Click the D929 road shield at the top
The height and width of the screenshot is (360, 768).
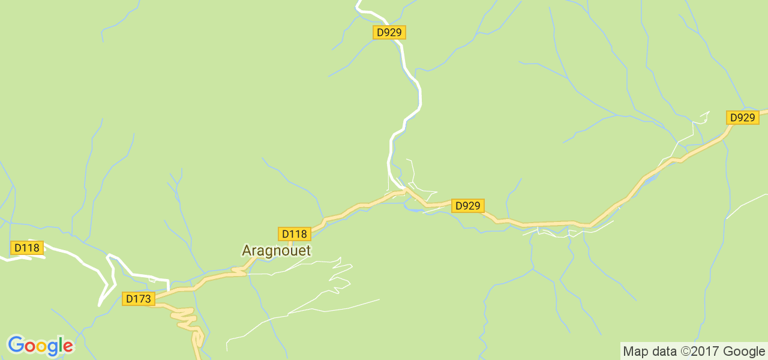pos(389,32)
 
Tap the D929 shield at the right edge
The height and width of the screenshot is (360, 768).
pos(743,118)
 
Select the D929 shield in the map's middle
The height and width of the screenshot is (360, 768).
pos(467,206)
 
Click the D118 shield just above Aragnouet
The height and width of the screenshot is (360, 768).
pos(294,234)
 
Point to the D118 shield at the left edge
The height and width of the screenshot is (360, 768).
pos(27,248)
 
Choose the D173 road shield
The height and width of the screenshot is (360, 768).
pos(139,298)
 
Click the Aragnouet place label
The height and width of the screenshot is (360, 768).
pos(276,250)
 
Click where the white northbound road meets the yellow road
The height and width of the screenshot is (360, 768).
pos(404,191)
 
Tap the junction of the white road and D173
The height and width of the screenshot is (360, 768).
pos(169,290)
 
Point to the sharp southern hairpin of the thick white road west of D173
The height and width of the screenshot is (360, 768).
pos(100,303)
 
